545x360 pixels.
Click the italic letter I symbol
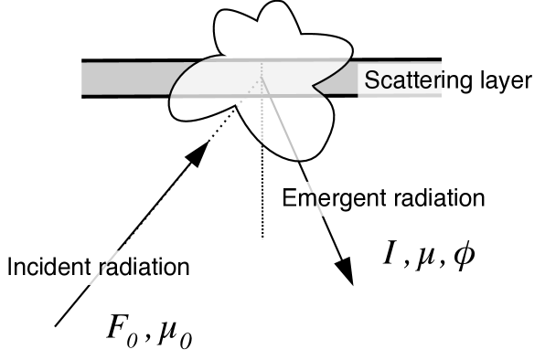click(389, 254)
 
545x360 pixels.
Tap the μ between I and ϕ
click(423, 256)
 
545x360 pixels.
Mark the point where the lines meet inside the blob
click(263, 79)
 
